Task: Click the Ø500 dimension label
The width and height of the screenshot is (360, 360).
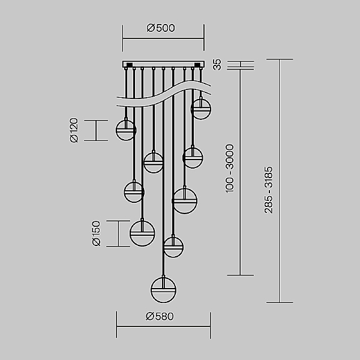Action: coord(161,28)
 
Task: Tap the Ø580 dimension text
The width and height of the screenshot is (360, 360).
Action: coord(160,316)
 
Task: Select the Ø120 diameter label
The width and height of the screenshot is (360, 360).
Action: coord(74,130)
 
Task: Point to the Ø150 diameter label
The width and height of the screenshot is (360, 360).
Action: coord(96,233)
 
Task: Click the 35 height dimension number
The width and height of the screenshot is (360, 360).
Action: coord(217,65)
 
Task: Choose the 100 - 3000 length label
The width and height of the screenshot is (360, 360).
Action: coord(230,169)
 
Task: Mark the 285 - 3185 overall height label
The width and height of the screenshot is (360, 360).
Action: coord(268,190)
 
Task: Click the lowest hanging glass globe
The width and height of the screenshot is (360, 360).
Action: coord(163,290)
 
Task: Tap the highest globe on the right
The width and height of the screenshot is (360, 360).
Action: coord(201,109)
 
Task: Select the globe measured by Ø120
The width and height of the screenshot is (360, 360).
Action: coord(126,130)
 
